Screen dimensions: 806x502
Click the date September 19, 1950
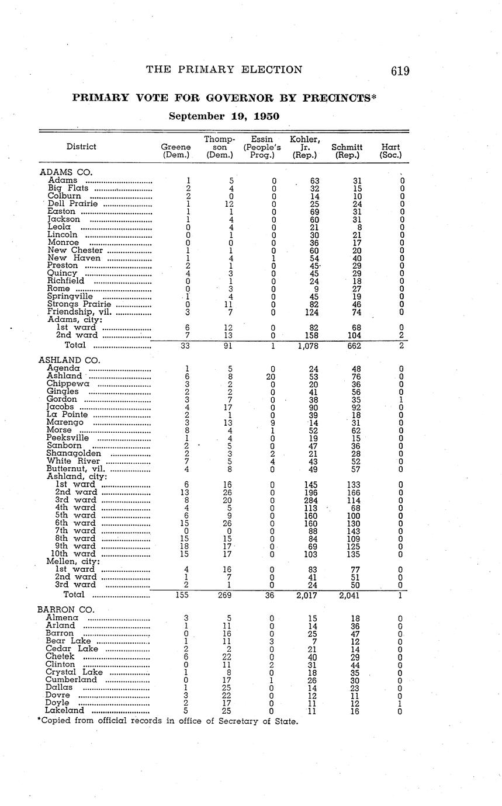[224, 116]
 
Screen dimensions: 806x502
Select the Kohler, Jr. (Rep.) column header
[305, 147]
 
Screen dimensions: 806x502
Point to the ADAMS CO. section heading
[66, 172]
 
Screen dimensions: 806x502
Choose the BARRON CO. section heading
[65, 610]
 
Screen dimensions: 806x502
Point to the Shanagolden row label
[74, 453]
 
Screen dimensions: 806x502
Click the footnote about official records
[168, 721]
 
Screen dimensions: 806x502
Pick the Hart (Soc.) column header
[390, 151]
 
